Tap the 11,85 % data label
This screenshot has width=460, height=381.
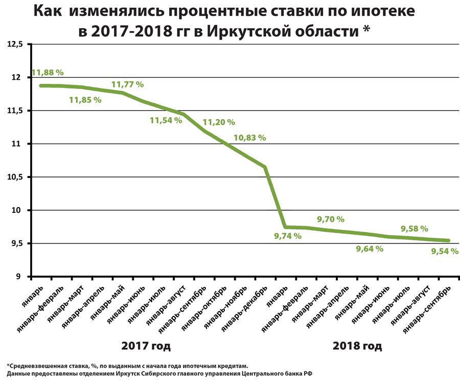(x=85, y=100)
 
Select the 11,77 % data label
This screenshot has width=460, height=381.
(x=128, y=84)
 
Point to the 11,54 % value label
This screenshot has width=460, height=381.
(x=166, y=121)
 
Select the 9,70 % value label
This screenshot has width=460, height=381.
(x=331, y=219)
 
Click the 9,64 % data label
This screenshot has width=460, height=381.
(x=370, y=249)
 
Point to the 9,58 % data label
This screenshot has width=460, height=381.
(x=414, y=229)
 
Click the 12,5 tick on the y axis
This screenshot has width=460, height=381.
(x=15, y=44)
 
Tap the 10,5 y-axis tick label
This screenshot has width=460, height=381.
(x=15, y=177)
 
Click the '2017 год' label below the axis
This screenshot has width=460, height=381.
(x=146, y=346)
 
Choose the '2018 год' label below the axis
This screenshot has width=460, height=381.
(x=357, y=346)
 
